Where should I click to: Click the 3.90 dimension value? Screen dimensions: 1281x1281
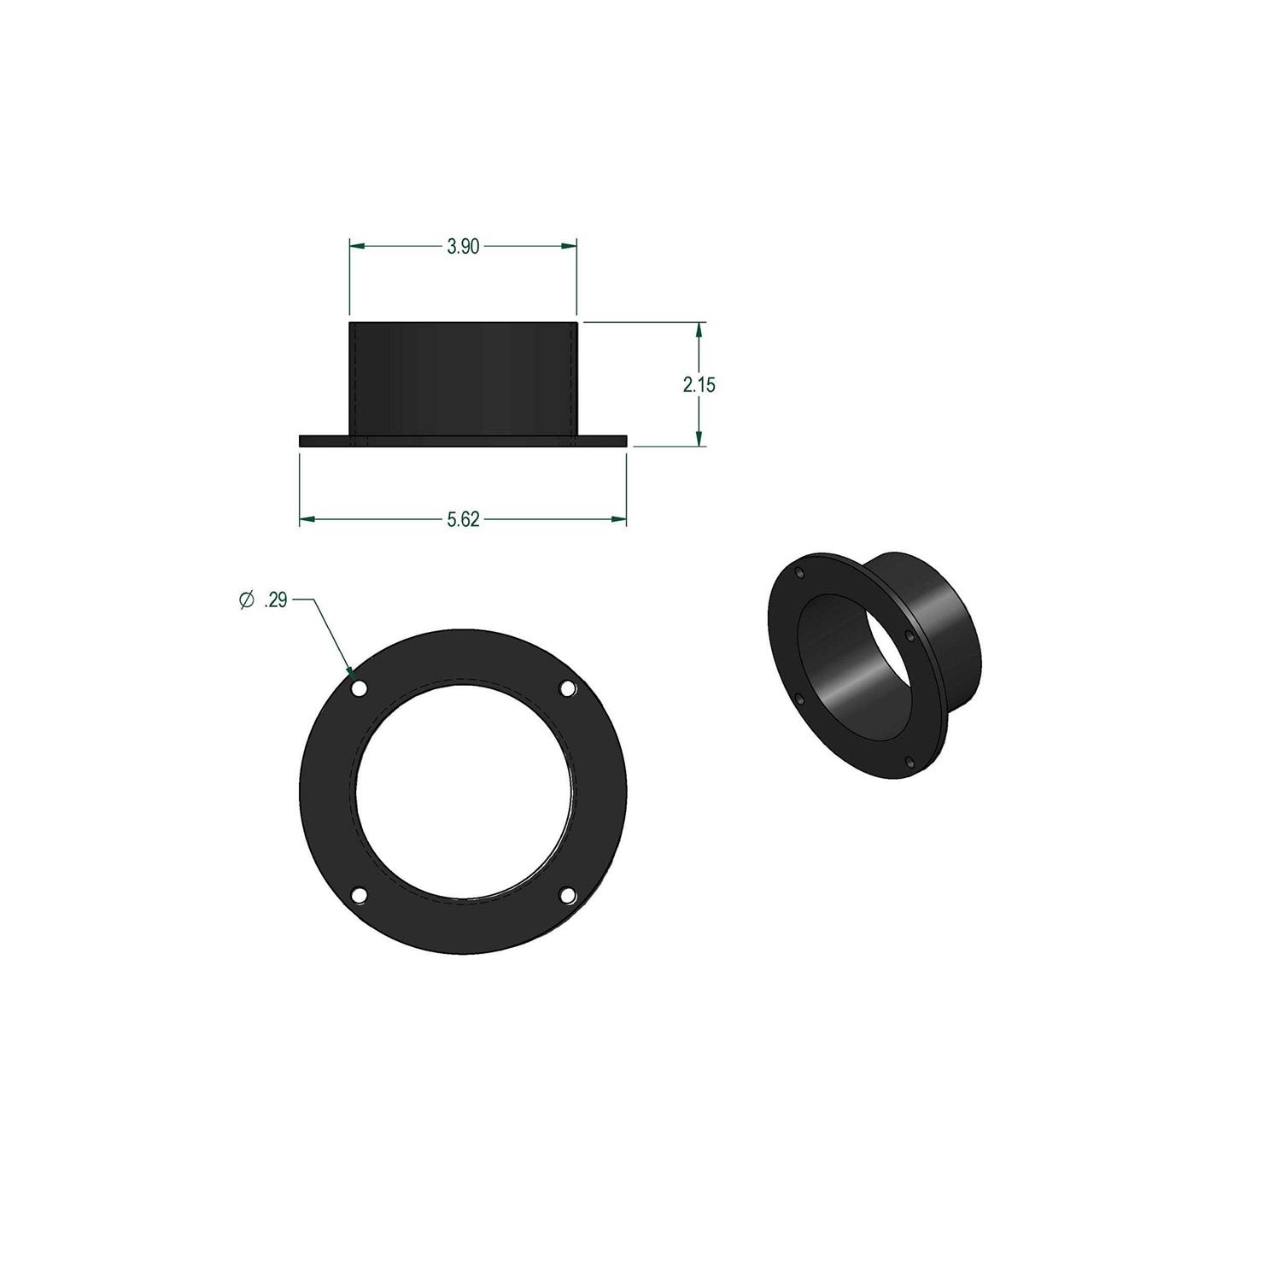click(x=463, y=247)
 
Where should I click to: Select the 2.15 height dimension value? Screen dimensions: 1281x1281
click(x=699, y=385)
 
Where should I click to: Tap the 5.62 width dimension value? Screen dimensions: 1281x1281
click(x=463, y=520)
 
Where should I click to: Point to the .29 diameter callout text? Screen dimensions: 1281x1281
click(x=276, y=601)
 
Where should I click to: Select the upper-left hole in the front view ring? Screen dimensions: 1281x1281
click(x=359, y=687)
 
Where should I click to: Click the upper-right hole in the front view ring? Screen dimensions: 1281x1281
click(x=567, y=687)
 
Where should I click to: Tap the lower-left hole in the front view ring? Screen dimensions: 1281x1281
click(x=360, y=894)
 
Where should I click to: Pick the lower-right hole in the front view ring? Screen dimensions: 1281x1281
click(x=567, y=894)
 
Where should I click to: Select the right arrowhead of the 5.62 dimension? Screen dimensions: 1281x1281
click(x=619, y=519)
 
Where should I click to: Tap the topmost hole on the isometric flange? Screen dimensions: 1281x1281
click(x=799, y=572)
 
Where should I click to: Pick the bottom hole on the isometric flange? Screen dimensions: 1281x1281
click(x=910, y=761)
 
